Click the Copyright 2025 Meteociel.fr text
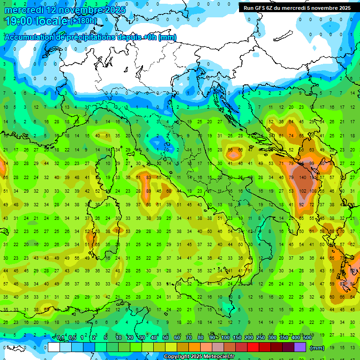click(199, 357)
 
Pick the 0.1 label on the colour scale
click(60, 338)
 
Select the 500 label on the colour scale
click(307, 338)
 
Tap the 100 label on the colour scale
click(225, 338)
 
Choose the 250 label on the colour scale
click(261, 338)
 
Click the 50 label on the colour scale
click(165, 338)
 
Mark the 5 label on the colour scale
click(106, 338)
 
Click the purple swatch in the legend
click(300, 347)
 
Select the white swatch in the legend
click(53, 347)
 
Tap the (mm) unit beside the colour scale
click(317, 348)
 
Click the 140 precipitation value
click(302, 178)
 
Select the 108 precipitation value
click(313, 191)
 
